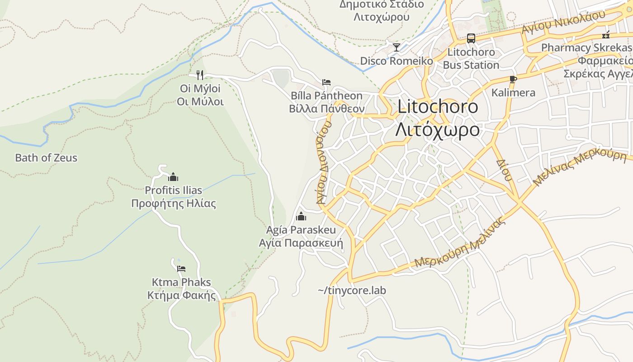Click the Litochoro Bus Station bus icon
click(471, 38)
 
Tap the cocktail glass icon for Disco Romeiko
click(397, 47)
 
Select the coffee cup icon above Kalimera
click(513, 79)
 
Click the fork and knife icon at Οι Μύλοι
click(200, 75)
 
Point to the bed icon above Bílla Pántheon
click(326, 82)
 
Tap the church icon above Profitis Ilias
click(173, 177)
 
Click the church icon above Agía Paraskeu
click(301, 216)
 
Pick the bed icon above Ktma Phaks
click(181, 269)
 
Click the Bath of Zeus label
click(46, 158)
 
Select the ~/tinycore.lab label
click(352, 291)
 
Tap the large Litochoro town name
click(438, 107)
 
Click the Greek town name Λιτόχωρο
click(437, 130)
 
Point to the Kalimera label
click(513, 93)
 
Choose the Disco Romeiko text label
click(397, 61)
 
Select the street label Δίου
click(504, 170)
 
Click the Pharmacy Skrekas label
click(586, 48)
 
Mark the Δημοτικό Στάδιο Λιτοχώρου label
click(382, 11)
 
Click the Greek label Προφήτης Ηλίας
click(174, 204)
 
